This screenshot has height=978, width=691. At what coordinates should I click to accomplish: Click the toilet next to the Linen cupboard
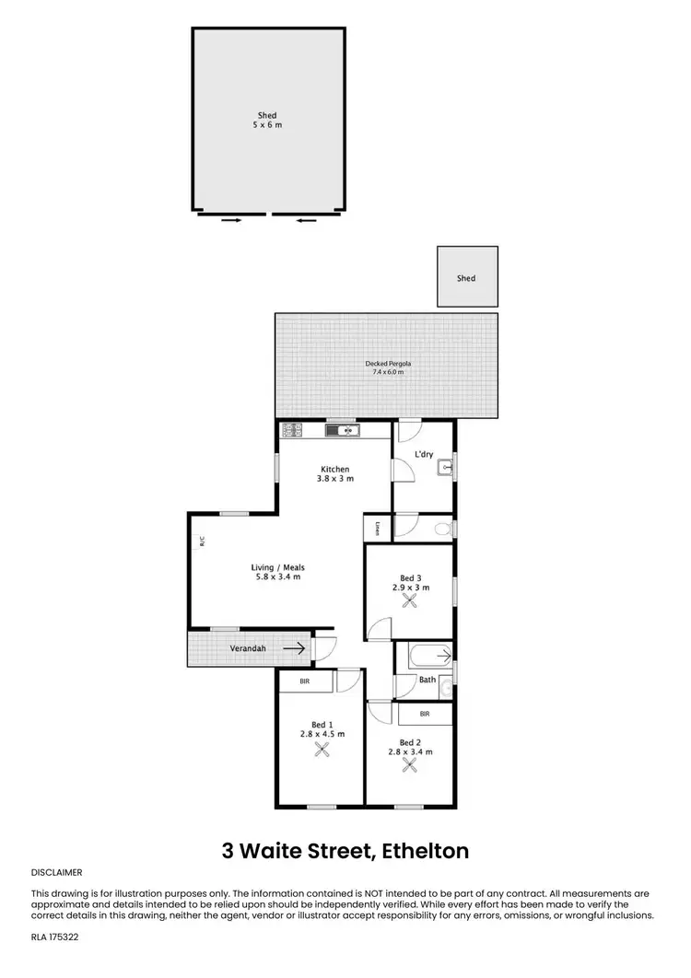tap(441, 528)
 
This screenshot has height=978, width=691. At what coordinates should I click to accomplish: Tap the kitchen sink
tap(346, 429)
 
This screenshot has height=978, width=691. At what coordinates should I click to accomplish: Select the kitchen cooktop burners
tap(293, 429)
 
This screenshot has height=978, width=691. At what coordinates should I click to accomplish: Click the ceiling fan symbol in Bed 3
tap(411, 600)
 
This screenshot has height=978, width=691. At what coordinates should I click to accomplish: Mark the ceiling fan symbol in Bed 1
tap(322, 750)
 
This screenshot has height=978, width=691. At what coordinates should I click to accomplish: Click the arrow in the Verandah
tap(295, 648)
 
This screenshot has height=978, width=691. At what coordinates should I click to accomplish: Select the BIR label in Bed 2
tap(425, 714)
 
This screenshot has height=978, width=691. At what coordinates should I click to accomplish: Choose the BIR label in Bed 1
tap(305, 681)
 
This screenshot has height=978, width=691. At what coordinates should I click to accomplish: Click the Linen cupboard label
tap(378, 528)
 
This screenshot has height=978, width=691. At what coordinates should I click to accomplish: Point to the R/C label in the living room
tap(202, 542)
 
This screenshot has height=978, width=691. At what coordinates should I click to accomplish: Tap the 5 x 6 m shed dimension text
tap(267, 124)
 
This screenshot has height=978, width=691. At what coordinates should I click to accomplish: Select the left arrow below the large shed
tap(231, 220)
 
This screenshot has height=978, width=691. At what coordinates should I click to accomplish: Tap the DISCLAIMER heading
tap(57, 871)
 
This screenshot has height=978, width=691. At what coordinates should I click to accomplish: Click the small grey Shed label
tap(466, 278)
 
